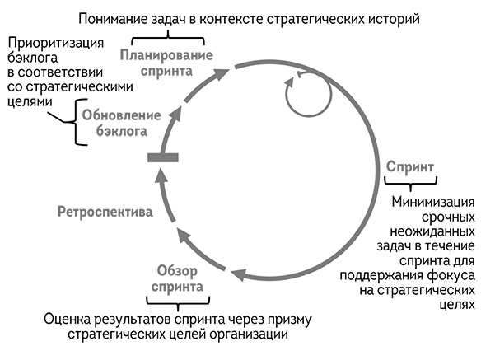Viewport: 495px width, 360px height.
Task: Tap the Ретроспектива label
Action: (105, 213)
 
